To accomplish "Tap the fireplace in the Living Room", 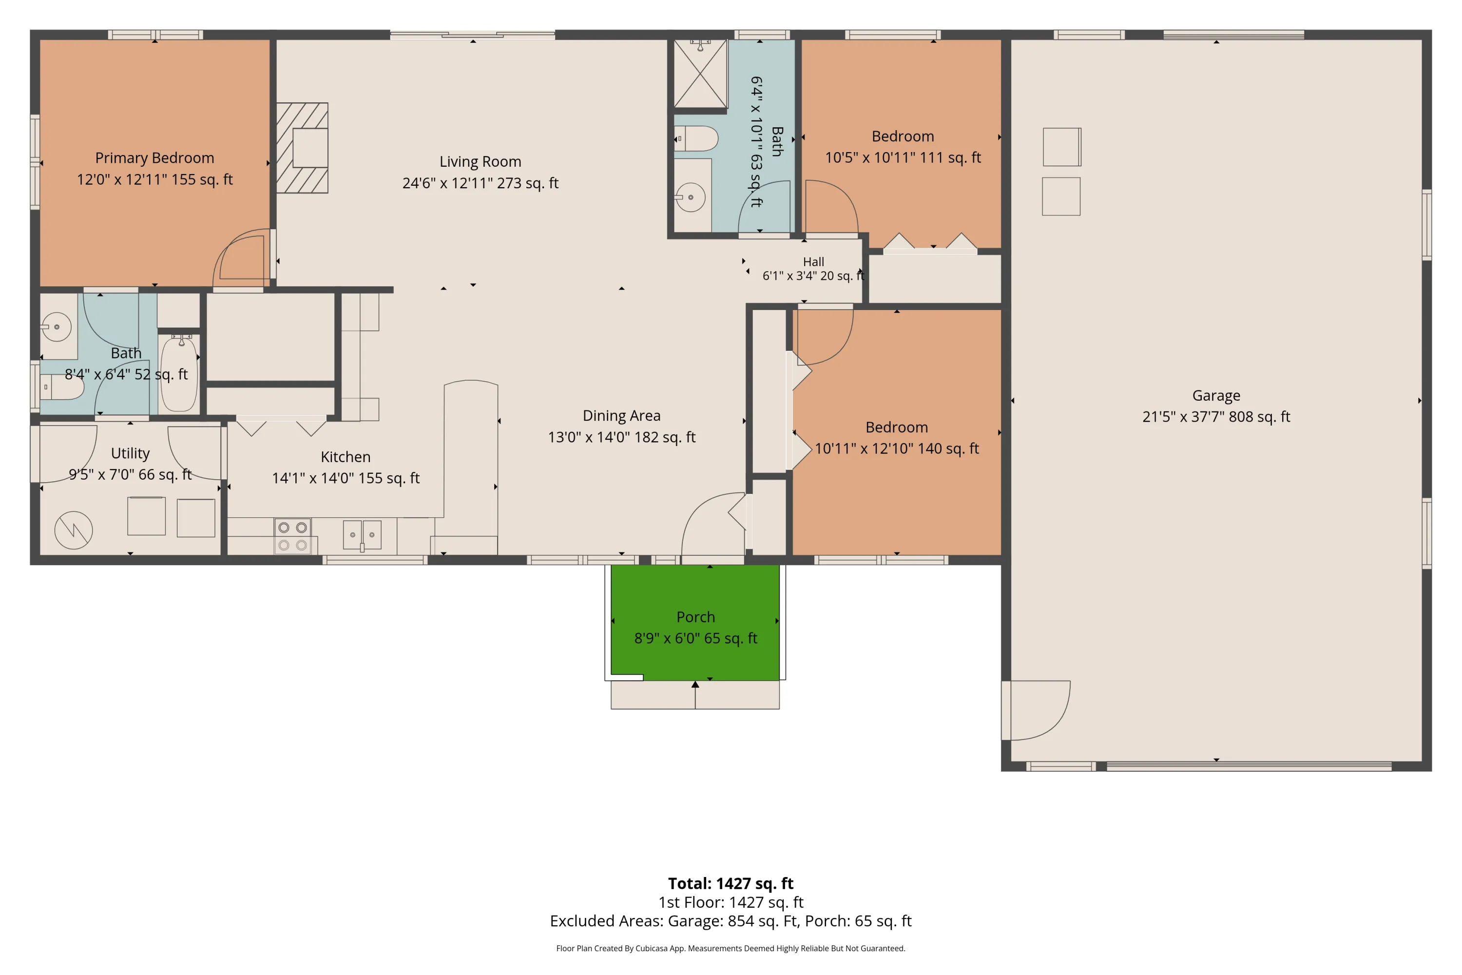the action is [x=302, y=148].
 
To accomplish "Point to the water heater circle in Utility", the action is [x=74, y=530].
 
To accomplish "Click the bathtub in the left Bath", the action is [x=179, y=373].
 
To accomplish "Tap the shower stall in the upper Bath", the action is [x=701, y=74].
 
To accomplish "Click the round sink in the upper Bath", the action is [x=691, y=197].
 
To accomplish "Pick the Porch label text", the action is [x=695, y=617].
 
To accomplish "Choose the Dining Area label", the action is [x=622, y=415].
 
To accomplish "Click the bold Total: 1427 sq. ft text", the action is [x=731, y=883].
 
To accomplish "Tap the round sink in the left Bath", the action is [x=57, y=327].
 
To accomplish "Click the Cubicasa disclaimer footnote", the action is [x=731, y=948].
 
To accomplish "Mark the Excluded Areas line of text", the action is [x=731, y=921].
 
